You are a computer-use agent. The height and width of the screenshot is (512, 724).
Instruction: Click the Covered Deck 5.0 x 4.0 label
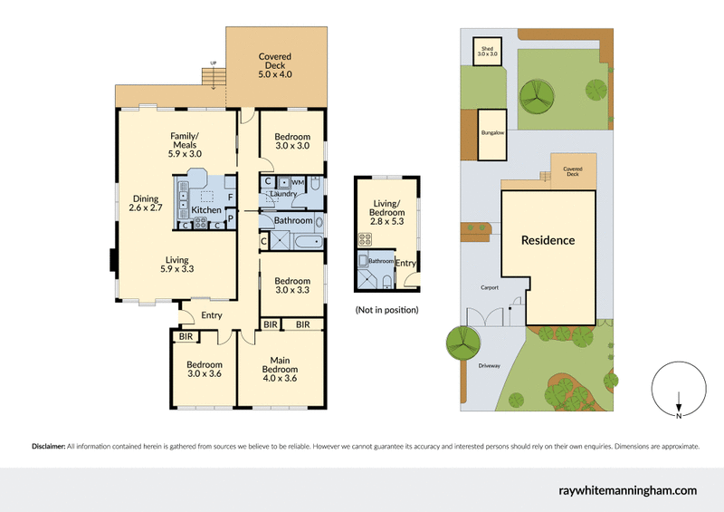pyautogui.click(x=274, y=62)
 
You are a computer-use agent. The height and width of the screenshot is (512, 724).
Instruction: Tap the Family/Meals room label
pyautogui.click(x=185, y=145)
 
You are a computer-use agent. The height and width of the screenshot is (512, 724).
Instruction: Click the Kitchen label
pyautogui.click(x=206, y=209)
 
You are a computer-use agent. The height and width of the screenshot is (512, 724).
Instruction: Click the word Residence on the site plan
pyautogui.click(x=548, y=240)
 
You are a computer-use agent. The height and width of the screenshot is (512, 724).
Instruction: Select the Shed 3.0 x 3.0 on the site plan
pyautogui.click(x=488, y=51)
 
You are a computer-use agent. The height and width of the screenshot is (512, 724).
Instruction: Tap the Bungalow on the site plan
pyautogui.click(x=492, y=134)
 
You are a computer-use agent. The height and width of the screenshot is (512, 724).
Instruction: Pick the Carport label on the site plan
pyautogui.click(x=489, y=288)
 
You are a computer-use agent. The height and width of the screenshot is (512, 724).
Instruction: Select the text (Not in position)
pyautogui.click(x=386, y=310)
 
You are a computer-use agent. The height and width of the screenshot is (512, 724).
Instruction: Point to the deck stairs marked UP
pyautogui.click(x=214, y=79)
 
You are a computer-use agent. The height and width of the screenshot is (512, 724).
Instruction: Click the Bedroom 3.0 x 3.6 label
pyautogui.click(x=204, y=369)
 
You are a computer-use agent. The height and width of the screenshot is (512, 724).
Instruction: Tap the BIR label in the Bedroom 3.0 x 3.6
pyautogui.click(x=186, y=336)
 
